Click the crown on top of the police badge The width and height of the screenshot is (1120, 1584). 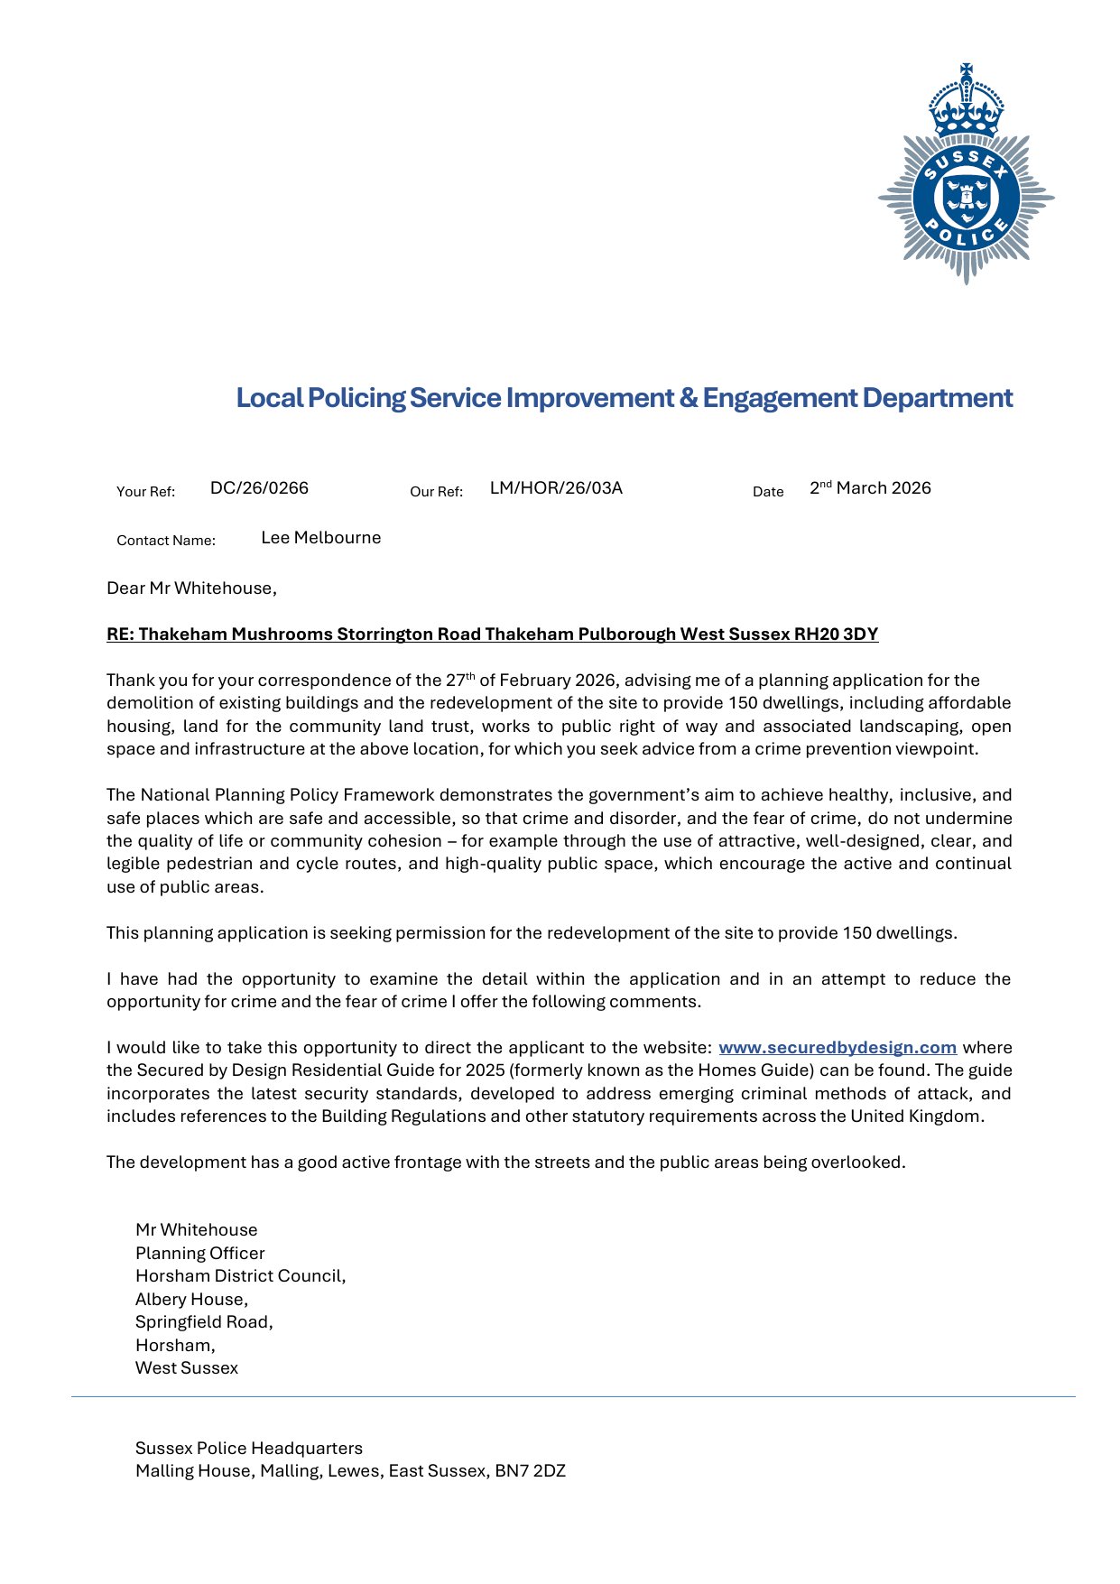[x=967, y=101]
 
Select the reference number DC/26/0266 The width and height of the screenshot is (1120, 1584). [x=259, y=488]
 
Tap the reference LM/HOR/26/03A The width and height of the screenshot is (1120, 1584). [x=556, y=488]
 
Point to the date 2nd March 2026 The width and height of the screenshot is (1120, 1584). [x=870, y=488]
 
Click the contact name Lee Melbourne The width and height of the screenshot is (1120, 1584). [x=320, y=538]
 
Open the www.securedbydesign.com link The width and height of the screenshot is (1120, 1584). [x=837, y=1048]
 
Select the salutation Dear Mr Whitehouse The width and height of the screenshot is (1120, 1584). [x=191, y=588]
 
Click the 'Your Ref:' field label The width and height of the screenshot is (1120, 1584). [x=145, y=492]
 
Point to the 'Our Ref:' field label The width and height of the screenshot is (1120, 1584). [x=436, y=492]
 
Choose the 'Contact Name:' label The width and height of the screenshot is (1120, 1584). [x=166, y=541]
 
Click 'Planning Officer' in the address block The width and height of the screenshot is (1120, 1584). [x=200, y=1254]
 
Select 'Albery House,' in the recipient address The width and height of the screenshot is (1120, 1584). [x=191, y=1300]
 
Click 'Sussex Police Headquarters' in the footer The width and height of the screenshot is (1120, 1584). [x=249, y=1449]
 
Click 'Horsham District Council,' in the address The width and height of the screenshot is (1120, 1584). [x=241, y=1276]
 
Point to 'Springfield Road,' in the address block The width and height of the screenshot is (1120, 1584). [x=204, y=1322]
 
